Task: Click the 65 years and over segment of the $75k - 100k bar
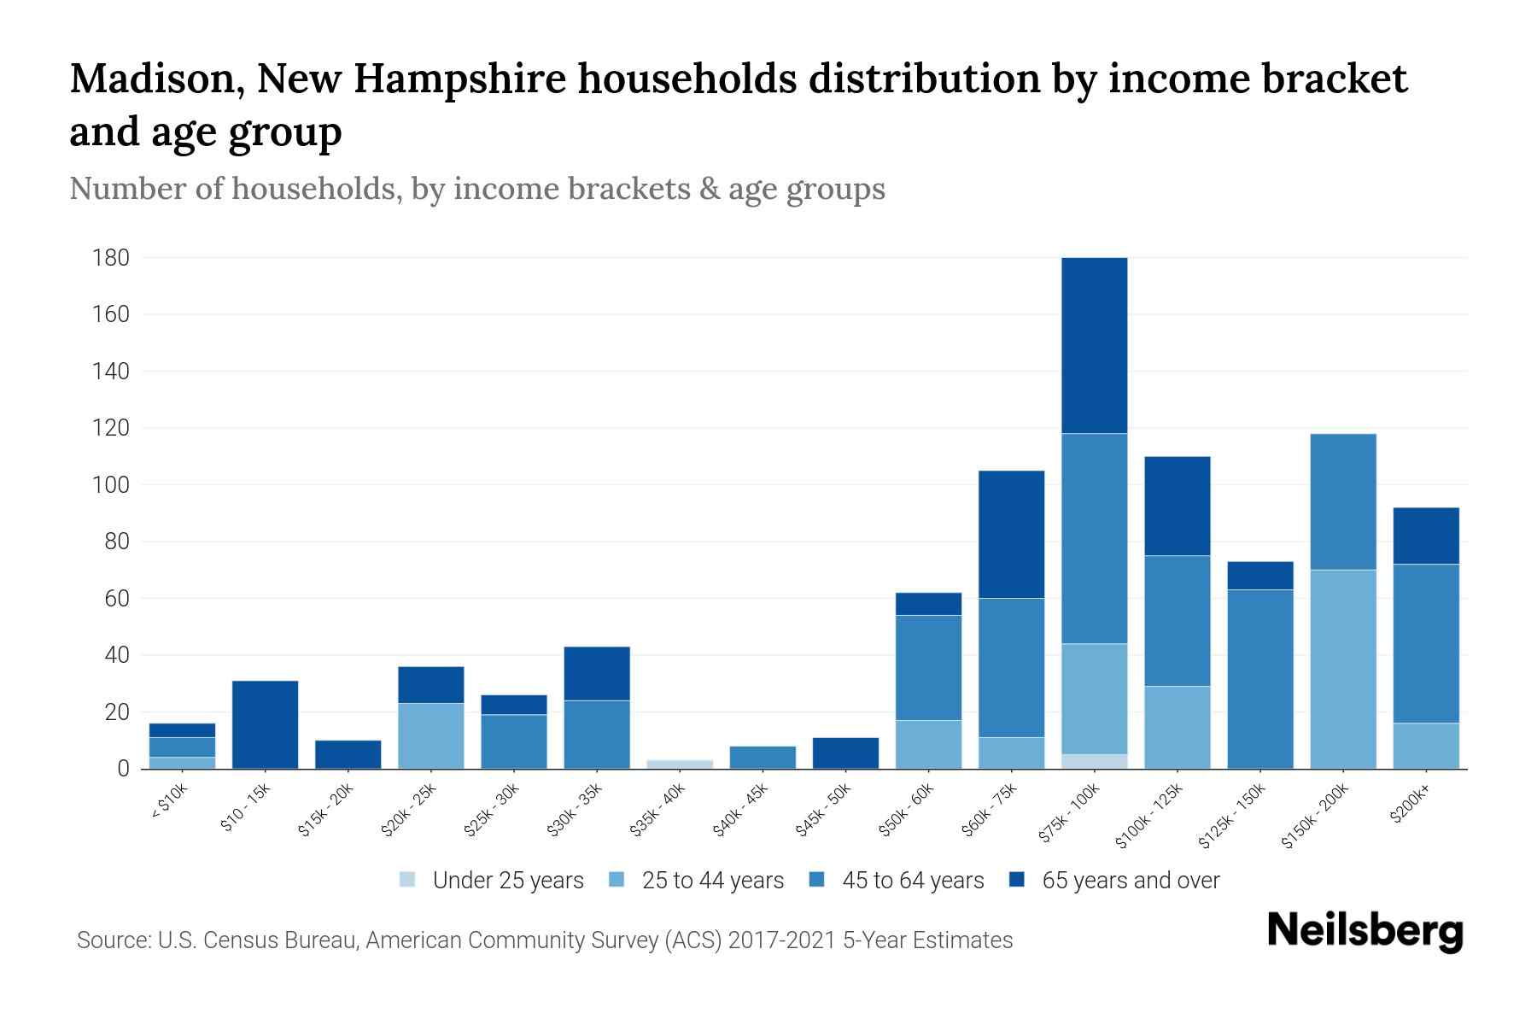[x=1094, y=345]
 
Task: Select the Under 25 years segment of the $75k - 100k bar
[x=1094, y=761]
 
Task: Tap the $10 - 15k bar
[x=265, y=724]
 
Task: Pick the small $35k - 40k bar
[x=680, y=764]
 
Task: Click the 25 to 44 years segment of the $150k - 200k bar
[x=1342, y=669]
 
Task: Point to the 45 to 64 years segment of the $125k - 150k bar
[x=1259, y=679]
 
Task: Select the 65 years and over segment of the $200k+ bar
[x=1426, y=536]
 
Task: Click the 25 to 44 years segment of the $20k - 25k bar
[x=430, y=735]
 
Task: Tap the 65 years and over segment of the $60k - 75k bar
[x=1011, y=534]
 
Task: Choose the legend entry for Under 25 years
[x=492, y=880]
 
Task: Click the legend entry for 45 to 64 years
[x=897, y=880]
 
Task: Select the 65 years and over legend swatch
[x=1017, y=879]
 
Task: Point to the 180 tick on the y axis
[x=111, y=257]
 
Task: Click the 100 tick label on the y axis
[x=111, y=484]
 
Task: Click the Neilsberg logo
[x=1365, y=931]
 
